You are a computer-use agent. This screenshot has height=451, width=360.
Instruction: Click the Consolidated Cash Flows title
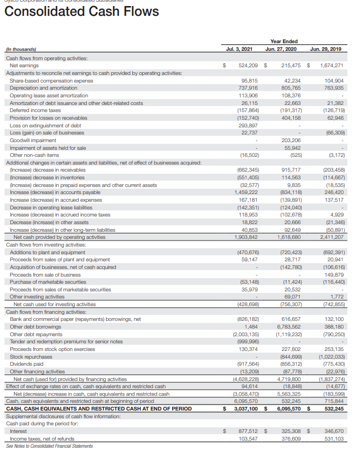click(x=82, y=12)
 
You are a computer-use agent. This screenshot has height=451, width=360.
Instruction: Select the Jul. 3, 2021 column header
click(x=239, y=49)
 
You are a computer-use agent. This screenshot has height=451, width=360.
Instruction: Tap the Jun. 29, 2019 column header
click(x=327, y=49)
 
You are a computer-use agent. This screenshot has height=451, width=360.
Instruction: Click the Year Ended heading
click(x=284, y=40)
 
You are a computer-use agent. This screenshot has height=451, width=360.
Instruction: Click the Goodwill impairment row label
click(x=33, y=140)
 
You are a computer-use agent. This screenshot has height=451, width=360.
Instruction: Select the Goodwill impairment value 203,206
click(x=290, y=140)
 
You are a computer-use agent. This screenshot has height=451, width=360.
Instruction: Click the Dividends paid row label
click(x=27, y=364)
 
